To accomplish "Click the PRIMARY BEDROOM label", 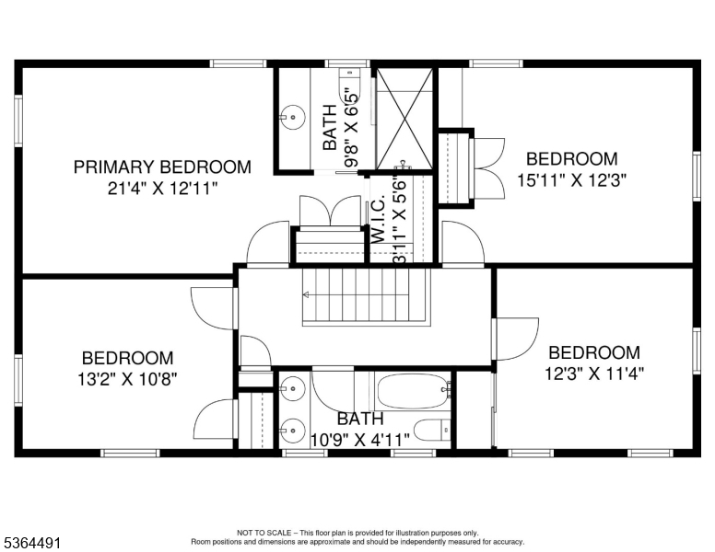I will [162, 167].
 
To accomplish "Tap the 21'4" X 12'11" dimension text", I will [162, 187].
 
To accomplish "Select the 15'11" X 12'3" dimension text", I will [571, 180].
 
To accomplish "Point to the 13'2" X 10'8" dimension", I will [127, 377].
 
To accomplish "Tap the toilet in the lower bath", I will [433, 430].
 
